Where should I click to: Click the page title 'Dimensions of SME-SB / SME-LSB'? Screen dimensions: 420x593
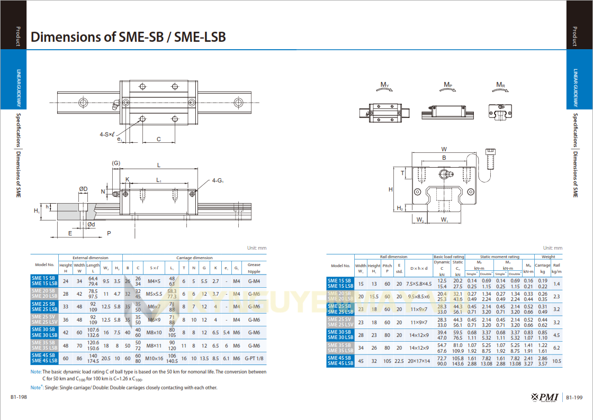(128, 37)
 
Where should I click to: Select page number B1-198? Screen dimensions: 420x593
(19, 397)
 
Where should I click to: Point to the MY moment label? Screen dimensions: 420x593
(385, 85)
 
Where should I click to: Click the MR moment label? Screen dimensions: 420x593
(500, 85)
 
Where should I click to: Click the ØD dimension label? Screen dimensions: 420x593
(83, 189)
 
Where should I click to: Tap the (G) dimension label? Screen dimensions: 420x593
(116, 163)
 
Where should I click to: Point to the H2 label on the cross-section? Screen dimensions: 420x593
(400, 208)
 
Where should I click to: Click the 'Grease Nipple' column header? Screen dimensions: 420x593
(254, 268)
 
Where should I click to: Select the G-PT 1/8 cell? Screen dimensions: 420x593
(254, 358)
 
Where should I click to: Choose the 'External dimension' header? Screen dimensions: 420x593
(91, 258)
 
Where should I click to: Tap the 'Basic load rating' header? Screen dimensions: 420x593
(448, 257)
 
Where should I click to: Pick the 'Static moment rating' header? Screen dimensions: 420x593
(499, 257)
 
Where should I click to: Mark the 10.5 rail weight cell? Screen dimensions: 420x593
(556, 361)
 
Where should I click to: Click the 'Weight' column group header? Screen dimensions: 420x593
(549, 257)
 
